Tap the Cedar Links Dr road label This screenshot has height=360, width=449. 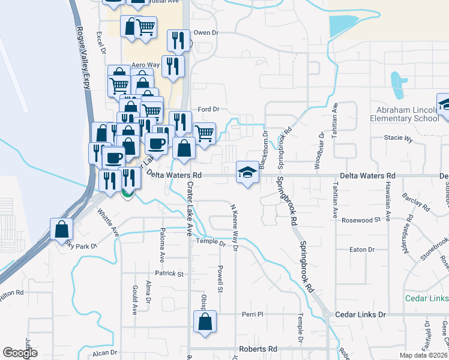pos(360,314)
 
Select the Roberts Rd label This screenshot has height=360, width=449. pos(258,349)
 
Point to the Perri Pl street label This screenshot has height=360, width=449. pos(252,314)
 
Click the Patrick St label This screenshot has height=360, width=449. pos(169,274)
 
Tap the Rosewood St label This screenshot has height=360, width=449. pos(361,220)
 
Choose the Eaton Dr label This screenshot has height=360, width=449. pos(362,249)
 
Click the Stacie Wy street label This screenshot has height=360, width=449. pos(399,139)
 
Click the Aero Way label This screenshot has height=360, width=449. pos(145,65)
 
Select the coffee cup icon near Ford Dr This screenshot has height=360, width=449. pos(157,143)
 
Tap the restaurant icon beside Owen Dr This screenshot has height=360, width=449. pos(178,40)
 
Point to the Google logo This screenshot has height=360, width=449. pos(20,353)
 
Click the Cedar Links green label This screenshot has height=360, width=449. pos(427,299)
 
